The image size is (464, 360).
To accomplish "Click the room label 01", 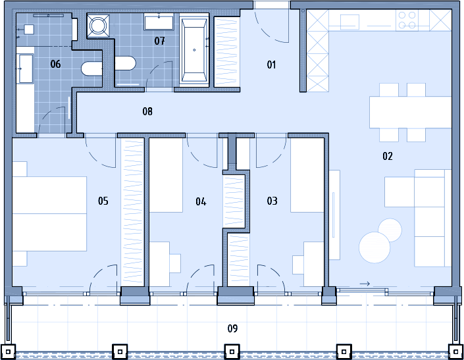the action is point(271,64).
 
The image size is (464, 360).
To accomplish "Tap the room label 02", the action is point(388,156).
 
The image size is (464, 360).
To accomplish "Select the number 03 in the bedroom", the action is point(272,201).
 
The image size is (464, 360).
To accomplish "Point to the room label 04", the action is point(201,202).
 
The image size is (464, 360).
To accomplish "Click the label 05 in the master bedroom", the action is point(103,201).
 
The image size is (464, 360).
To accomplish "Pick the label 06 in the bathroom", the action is point(55,64).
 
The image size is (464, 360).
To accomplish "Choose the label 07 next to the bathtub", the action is point(159,41).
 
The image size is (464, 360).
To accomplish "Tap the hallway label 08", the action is point(147,111).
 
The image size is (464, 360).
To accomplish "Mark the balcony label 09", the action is point(232,328).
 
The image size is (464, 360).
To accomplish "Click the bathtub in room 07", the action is point(194,50).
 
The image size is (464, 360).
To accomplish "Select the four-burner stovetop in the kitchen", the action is point(407,20).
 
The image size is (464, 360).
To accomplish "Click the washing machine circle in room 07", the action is point(98,26).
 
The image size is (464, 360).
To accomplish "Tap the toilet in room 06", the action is point(91,68).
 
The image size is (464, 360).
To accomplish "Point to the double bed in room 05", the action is point(49,214).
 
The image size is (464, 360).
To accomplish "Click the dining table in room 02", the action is point(410,113).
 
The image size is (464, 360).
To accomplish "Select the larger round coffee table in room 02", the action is point(374,247).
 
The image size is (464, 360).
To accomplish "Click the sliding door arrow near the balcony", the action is point(365,284).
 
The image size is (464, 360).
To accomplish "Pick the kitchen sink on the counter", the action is point(349,21).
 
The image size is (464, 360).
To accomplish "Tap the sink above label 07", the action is point(159,22).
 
